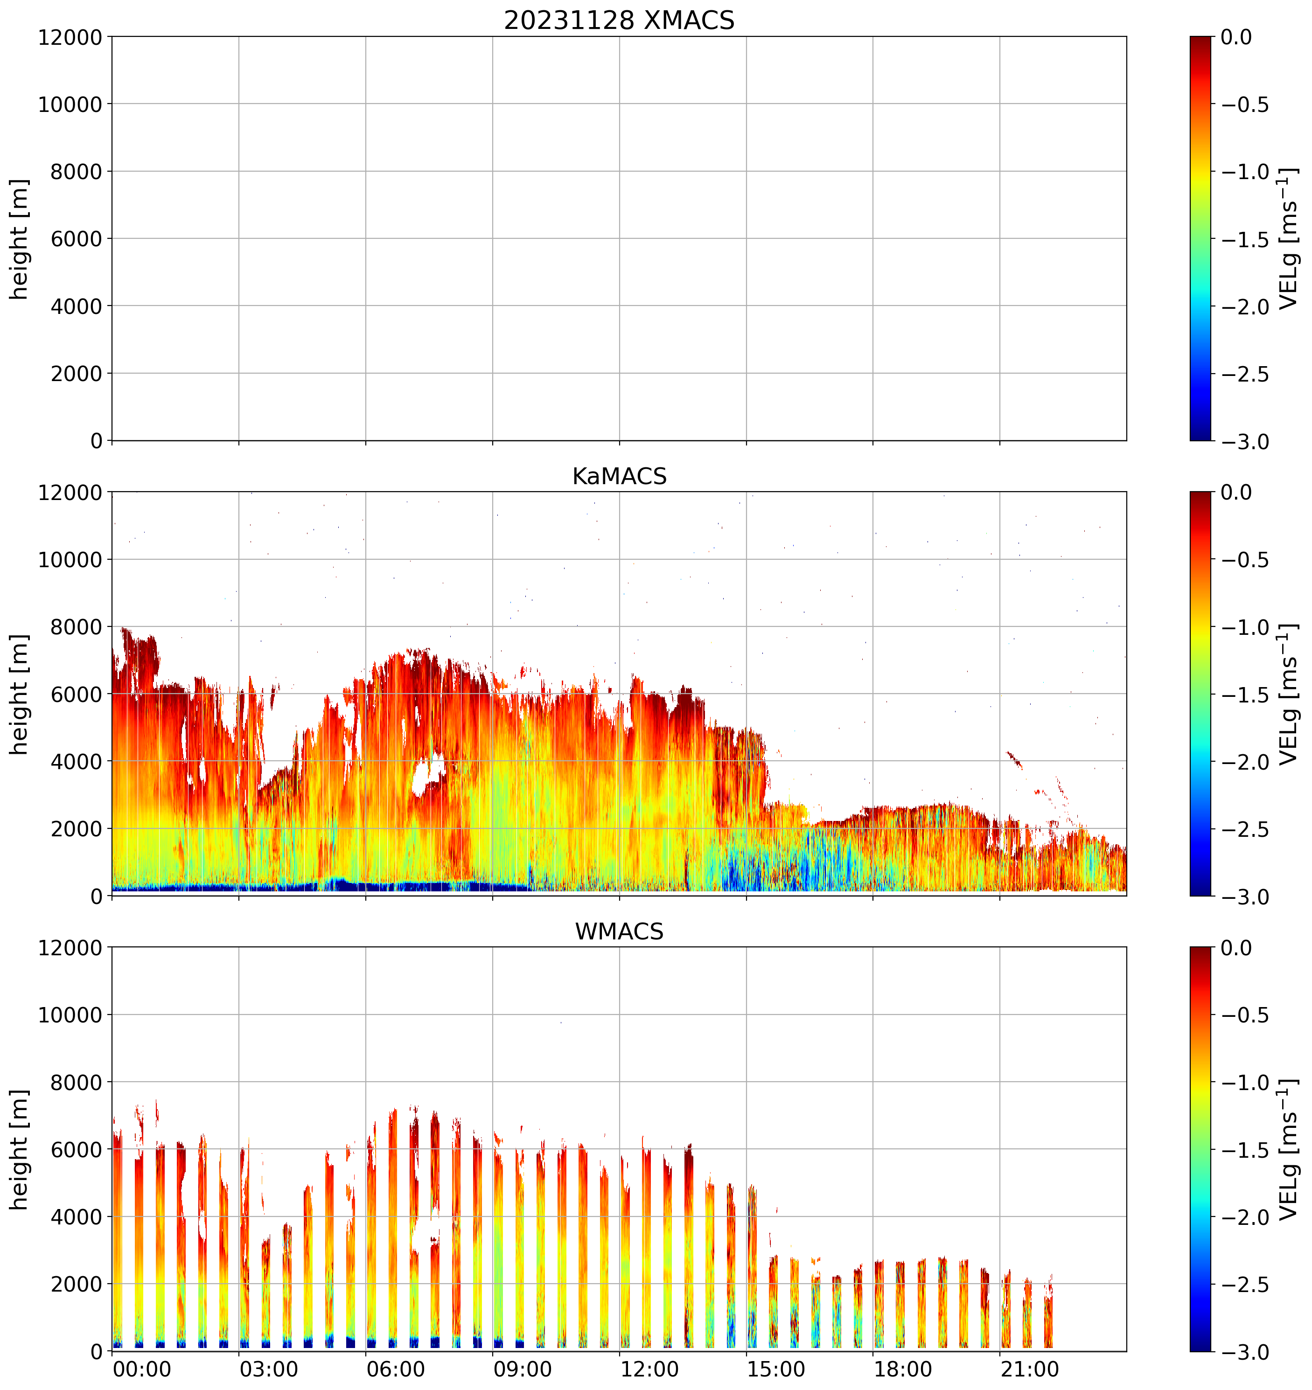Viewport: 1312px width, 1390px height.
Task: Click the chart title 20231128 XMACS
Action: coord(619,20)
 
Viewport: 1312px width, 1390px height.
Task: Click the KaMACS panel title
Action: coord(619,476)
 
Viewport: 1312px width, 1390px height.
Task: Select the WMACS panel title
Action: coord(619,931)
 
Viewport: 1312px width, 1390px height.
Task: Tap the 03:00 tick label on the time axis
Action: coord(269,1369)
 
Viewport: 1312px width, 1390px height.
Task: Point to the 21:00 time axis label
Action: coord(1029,1369)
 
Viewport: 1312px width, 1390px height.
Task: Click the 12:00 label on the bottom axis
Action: coord(649,1369)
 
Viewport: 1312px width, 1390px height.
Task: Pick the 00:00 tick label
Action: coord(142,1369)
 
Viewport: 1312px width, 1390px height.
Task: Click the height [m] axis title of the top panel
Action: coord(20,239)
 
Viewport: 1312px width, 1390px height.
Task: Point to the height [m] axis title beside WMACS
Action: coord(20,1149)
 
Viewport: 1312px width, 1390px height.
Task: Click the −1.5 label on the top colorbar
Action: coord(1245,239)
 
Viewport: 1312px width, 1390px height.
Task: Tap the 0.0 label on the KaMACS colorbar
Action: coord(1236,492)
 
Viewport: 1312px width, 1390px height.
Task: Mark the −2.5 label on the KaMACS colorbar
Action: coord(1245,829)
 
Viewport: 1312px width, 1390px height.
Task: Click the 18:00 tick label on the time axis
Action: coord(902,1369)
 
